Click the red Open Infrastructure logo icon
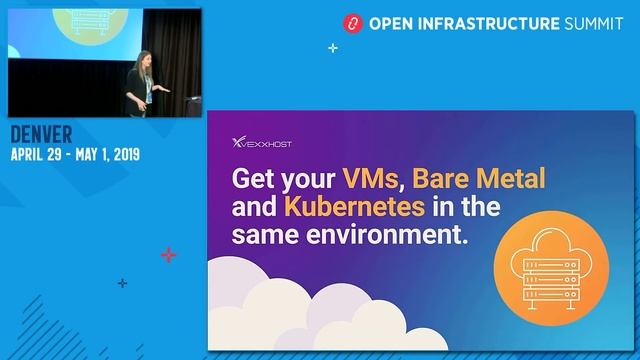pos(351,22)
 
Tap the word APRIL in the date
pos(31,155)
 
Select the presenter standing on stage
pos(139,84)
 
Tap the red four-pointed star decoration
pos(168,255)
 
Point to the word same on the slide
pos(267,238)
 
